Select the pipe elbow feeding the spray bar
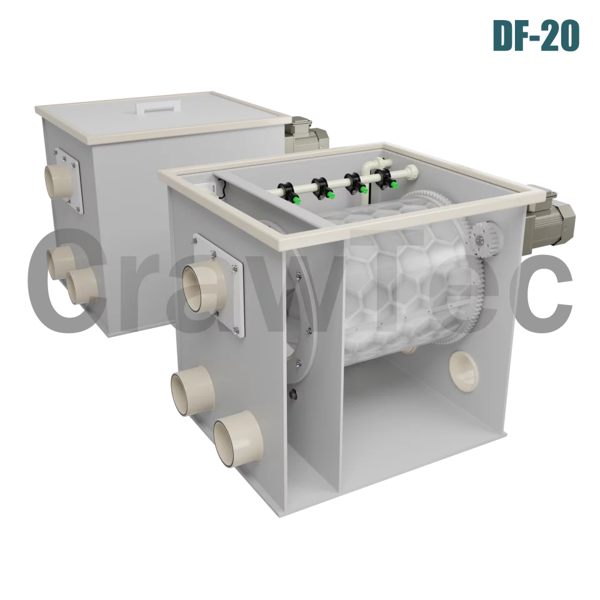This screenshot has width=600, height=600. click(367, 169)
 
